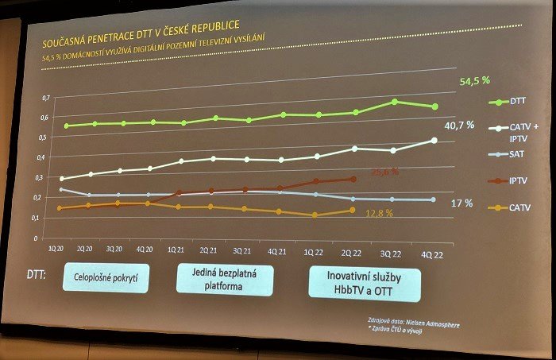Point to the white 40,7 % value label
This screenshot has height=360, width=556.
pyautogui.click(x=459, y=125)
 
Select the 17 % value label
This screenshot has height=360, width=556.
pyautogui.click(x=461, y=203)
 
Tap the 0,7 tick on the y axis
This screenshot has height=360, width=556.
pyautogui.click(x=45, y=98)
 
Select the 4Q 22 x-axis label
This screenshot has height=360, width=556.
pyautogui.click(x=431, y=254)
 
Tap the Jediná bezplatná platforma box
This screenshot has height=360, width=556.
pyautogui.click(x=225, y=281)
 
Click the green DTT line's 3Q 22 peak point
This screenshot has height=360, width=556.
pyautogui.click(x=394, y=102)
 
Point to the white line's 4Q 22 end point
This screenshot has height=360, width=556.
pyautogui.click(x=433, y=141)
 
